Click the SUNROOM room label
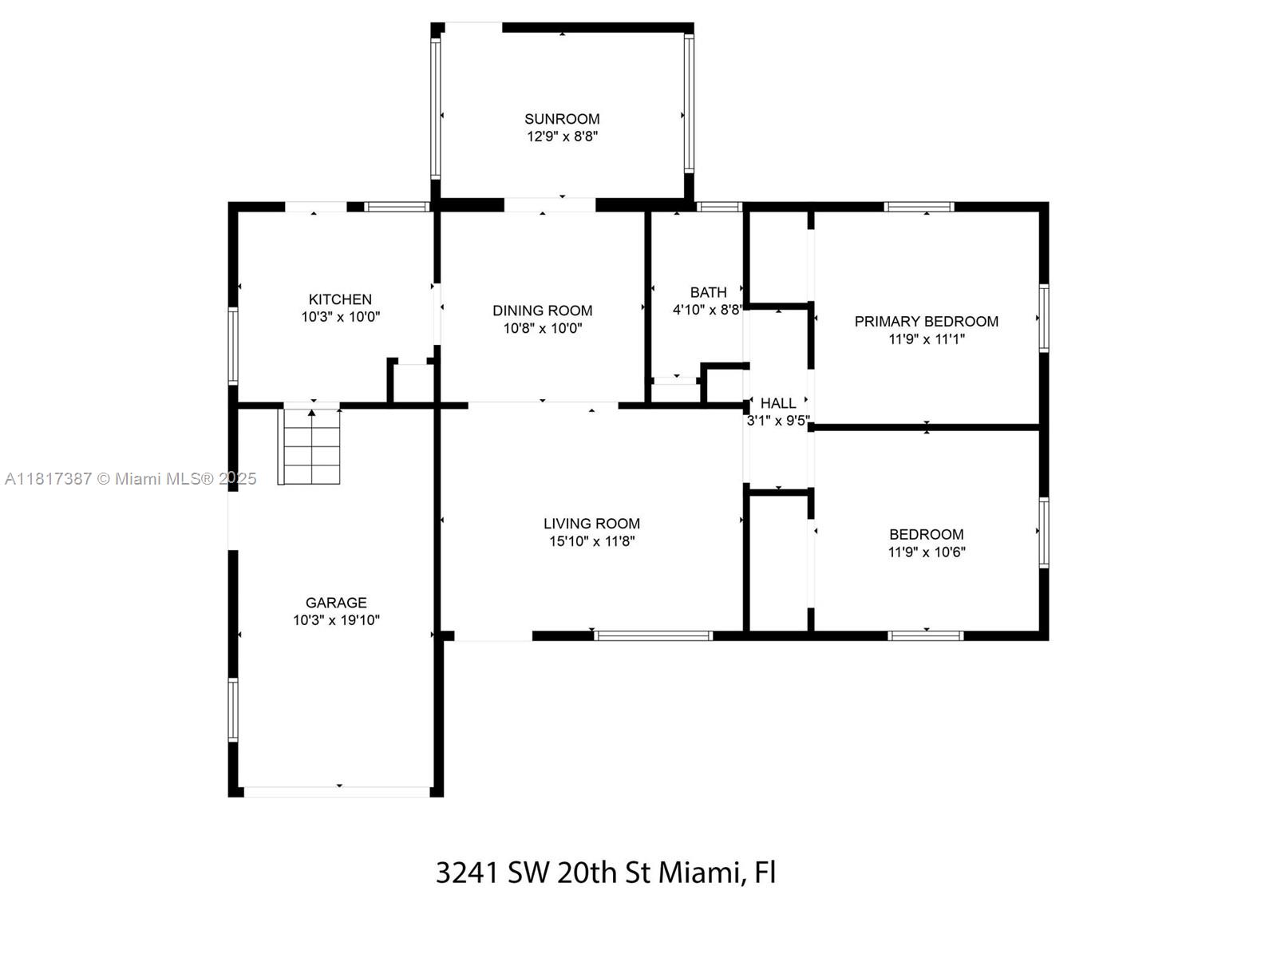tap(562, 119)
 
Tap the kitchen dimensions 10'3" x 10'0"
tap(340, 317)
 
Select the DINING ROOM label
tap(542, 311)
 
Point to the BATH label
tap(708, 292)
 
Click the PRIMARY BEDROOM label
tap(926, 321)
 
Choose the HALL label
tap(777, 403)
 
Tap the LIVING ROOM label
tap(591, 524)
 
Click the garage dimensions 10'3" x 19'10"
tap(336, 620)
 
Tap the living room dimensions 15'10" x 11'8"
tap(591, 541)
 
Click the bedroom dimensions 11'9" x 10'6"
tap(926, 552)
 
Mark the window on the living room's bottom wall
tap(653, 636)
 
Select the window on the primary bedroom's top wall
tap(919, 207)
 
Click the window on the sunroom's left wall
tap(436, 109)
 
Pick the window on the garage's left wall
tap(233, 710)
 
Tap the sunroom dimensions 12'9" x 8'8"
tap(562, 137)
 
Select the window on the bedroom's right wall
tap(1043, 532)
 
